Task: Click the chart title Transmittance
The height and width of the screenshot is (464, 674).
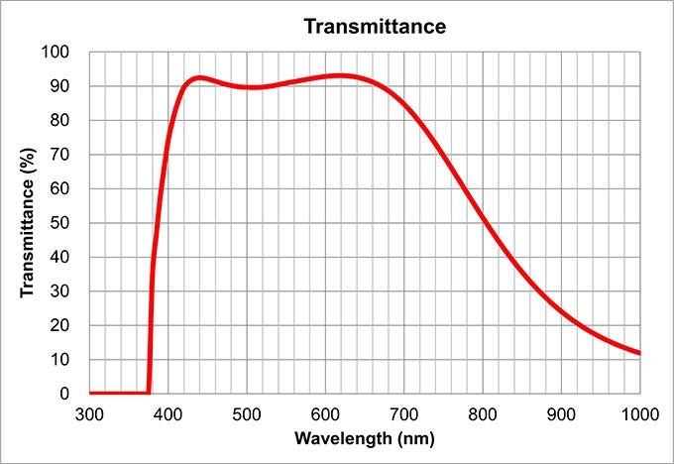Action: click(x=375, y=27)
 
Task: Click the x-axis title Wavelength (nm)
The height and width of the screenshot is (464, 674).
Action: click(x=365, y=437)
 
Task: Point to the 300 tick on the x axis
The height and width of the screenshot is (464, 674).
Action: click(x=89, y=411)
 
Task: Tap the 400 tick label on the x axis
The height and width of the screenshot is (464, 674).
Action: click(x=168, y=411)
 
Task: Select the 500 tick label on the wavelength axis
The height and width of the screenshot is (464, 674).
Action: click(x=247, y=411)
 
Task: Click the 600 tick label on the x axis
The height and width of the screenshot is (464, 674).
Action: click(x=325, y=411)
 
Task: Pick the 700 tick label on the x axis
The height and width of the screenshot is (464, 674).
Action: click(x=403, y=411)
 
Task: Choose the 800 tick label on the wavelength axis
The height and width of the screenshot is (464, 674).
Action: click(x=483, y=411)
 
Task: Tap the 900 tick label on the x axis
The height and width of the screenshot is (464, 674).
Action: click(x=561, y=411)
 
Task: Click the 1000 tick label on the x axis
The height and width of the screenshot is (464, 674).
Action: click(x=638, y=411)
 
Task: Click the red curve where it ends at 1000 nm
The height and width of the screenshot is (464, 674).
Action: click(x=639, y=353)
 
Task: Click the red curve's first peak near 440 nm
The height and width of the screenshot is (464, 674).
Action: click(x=199, y=77)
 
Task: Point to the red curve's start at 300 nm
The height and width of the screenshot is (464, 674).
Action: click(x=90, y=394)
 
